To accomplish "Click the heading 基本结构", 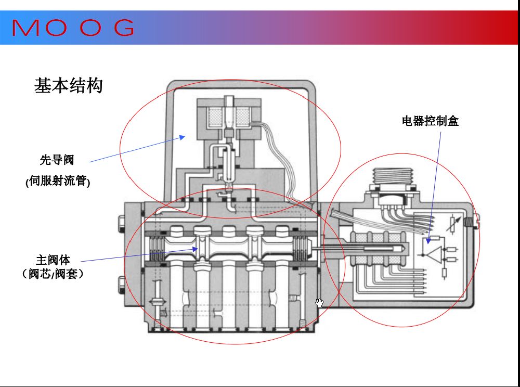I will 68,86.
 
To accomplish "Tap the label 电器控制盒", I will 430,122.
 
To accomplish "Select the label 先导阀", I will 57,160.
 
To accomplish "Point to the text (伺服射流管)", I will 58,182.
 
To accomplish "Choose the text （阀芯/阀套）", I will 53,274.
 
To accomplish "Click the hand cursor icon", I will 319,303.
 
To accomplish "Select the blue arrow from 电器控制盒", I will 435,187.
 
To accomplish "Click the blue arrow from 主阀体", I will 140,254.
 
